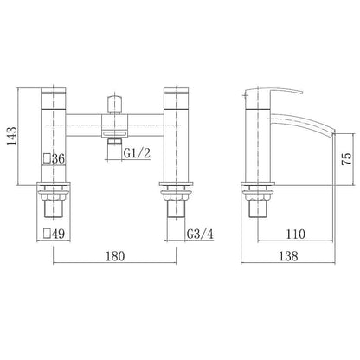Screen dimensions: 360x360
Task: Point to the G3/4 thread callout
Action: coord(202,232)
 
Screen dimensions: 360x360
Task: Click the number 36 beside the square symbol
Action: coord(59,159)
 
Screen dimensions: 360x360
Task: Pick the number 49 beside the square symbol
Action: coord(59,233)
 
